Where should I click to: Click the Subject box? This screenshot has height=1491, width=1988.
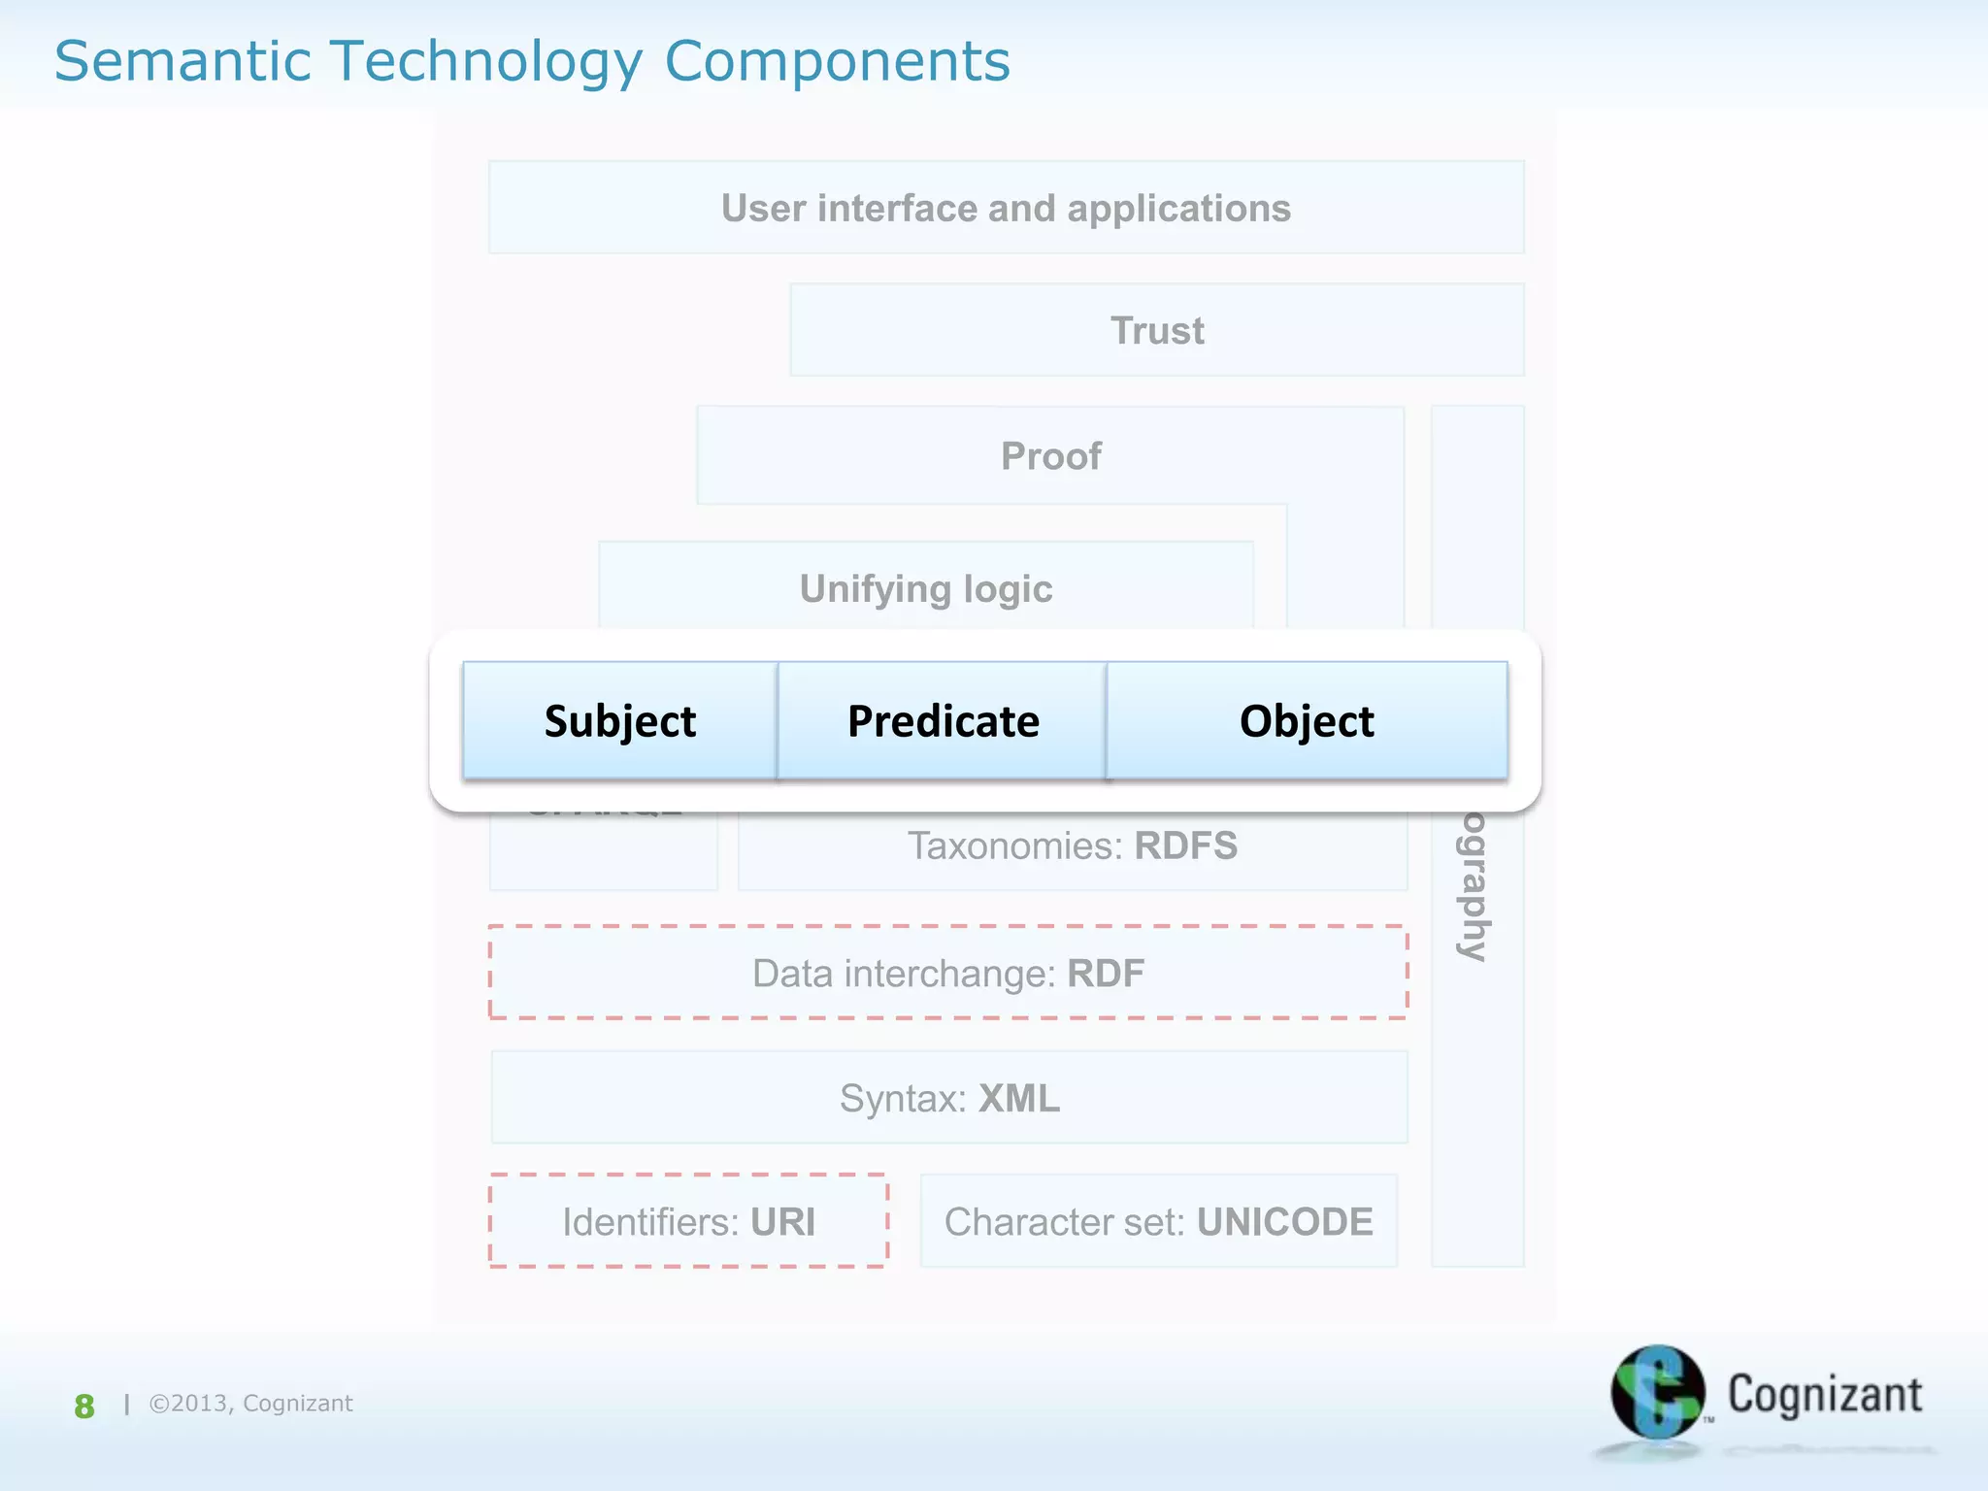tap(619, 720)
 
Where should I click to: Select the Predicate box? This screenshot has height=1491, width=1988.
tap(942, 720)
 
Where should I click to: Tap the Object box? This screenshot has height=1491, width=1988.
tap(1307, 720)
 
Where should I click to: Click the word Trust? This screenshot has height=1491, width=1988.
tap(1157, 330)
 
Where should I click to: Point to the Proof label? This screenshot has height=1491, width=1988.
tap(1050, 455)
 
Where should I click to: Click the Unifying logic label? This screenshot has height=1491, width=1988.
tap(925, 588)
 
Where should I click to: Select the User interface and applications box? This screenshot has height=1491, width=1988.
tap(1006, 208)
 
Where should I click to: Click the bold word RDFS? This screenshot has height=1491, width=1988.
tap(1185, 845)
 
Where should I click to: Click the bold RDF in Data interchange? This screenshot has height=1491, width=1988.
tap(1105, 973)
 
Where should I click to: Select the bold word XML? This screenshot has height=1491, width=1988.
tap(1018, 1098)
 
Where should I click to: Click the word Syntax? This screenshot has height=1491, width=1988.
tap(902, 1098)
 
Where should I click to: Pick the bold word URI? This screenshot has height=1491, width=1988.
tap(782, 1221)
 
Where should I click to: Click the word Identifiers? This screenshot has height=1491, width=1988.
tap(650, 1221)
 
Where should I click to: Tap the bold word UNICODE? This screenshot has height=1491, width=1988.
tap(1284, 1221)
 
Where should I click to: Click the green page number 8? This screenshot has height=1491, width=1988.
tap(84, 1406)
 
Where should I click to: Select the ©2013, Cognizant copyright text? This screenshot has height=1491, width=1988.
tap(250, 1403)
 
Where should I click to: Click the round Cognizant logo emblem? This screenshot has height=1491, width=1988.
tap(1656, 1392)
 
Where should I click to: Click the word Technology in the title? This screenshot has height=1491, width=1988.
tap(486, 61)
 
